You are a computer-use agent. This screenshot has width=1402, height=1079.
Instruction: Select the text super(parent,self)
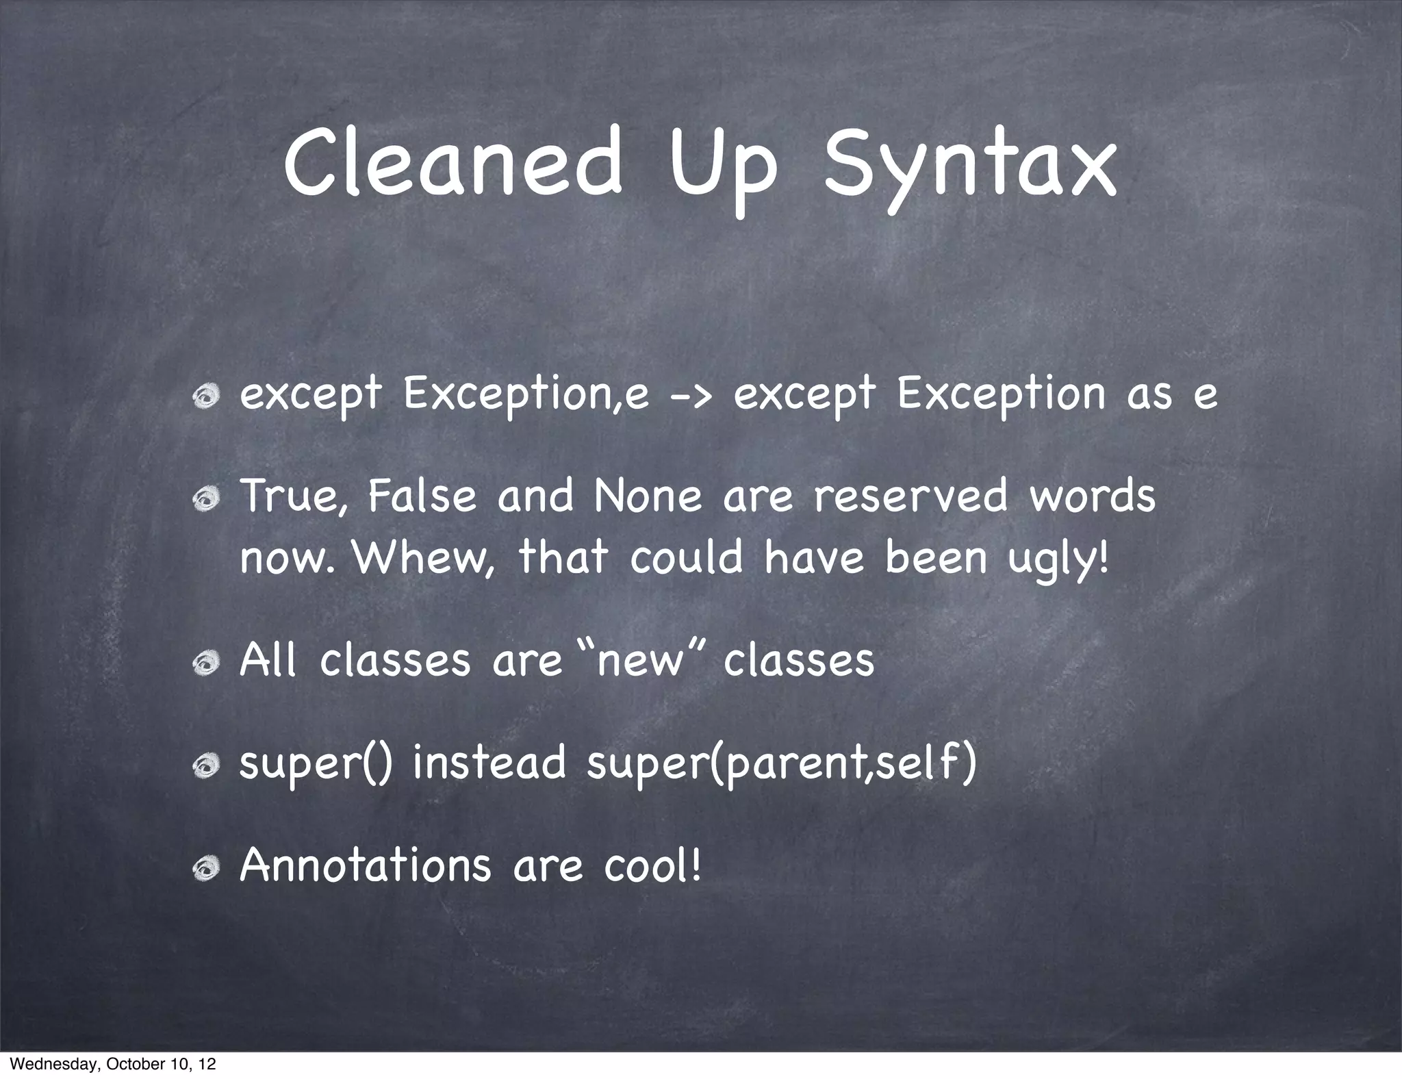click(x=781, y=764)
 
